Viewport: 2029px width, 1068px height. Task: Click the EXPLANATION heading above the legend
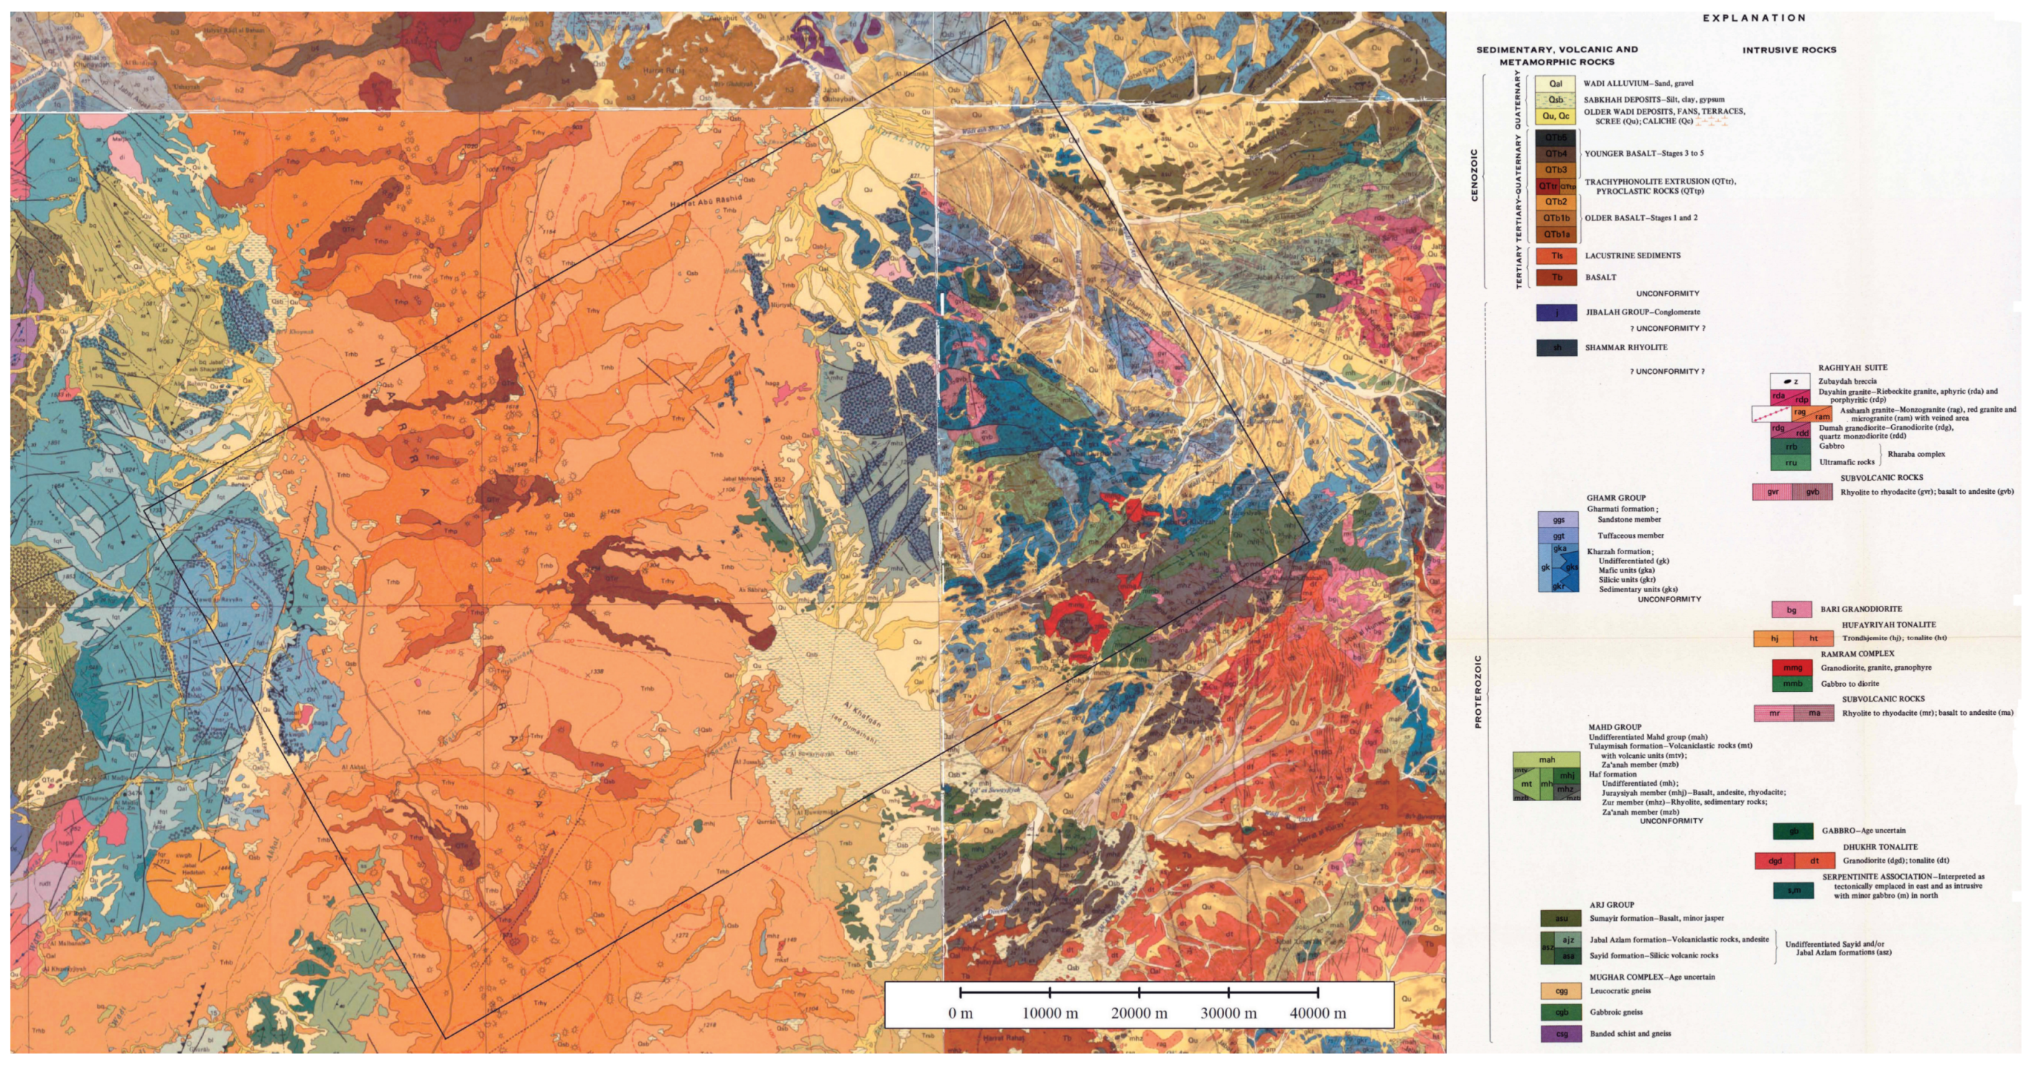(1753, 17)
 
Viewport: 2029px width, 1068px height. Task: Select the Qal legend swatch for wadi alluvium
(1555, 83)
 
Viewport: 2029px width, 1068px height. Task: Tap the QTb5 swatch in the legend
(1555, 138)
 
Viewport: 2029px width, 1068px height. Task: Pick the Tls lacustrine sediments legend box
(1557, 256)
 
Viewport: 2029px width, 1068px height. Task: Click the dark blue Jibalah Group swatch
(1557, 313)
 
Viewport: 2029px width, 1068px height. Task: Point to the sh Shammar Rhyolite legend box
(1557, 347)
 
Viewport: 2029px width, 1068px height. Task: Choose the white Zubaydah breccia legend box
(1789, 381)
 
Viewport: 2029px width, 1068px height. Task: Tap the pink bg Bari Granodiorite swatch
(1791, 609)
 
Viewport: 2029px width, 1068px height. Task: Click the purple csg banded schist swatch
(1561, 1034)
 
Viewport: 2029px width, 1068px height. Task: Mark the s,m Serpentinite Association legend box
(1794, 891)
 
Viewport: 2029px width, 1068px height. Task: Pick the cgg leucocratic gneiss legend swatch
(1561, 990)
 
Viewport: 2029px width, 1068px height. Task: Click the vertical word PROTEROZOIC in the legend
(1478, 690)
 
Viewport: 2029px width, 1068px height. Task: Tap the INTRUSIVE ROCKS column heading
(1788, 50)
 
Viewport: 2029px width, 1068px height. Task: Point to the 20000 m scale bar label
(1139, 1013)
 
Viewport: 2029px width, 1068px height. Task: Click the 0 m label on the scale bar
(960, 1013)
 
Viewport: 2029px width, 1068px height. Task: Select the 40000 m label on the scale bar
(1317, 1013)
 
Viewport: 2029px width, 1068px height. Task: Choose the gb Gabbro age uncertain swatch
(1794, 831)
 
